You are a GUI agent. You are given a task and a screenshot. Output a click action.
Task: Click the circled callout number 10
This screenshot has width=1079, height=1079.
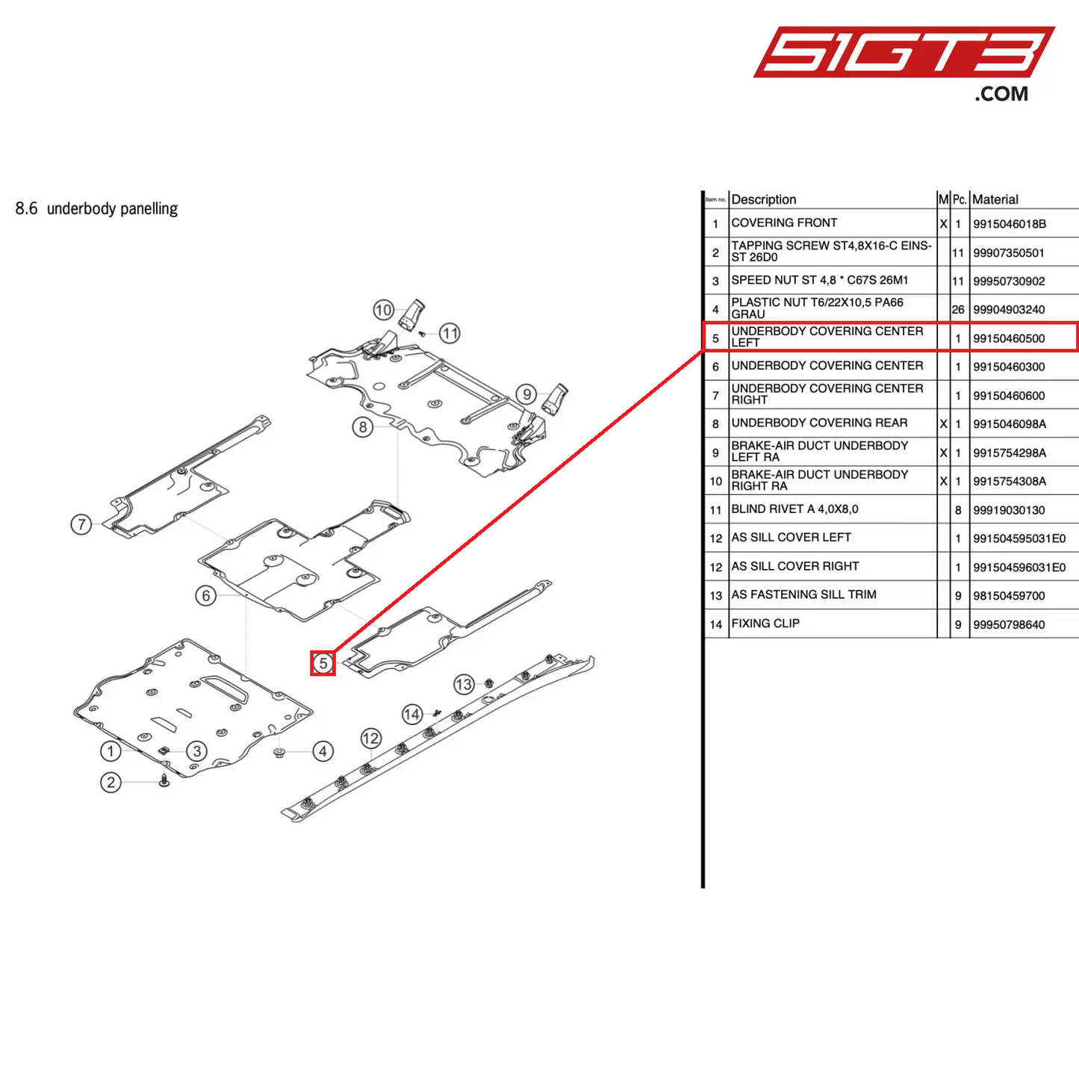(383, 310)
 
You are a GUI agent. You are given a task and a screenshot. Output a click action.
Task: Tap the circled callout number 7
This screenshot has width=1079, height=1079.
(81, 524)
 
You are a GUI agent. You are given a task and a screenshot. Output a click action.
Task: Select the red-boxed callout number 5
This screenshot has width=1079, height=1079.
(323, 663)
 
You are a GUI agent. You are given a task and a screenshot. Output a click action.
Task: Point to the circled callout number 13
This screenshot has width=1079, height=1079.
(464, 684)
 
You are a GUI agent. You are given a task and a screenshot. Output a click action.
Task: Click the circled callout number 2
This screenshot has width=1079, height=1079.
(111, 782)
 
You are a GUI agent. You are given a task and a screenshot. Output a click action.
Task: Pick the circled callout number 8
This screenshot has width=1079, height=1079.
(363, 427)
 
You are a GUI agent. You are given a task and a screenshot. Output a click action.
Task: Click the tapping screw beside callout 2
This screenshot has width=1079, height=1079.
(164, 780)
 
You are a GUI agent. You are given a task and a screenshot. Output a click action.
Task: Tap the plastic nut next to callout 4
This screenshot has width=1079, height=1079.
(279, 752)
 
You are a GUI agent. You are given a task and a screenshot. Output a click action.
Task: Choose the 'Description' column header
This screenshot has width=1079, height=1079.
(764, 199)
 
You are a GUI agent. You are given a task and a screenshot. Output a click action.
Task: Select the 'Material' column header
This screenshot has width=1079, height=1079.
(995, 199)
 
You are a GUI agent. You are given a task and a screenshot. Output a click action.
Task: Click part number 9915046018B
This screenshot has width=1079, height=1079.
(1010, 224)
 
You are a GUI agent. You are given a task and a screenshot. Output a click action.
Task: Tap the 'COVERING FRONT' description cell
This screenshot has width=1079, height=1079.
(784, 223)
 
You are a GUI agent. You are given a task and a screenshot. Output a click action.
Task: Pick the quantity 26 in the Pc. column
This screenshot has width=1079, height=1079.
(958, 309)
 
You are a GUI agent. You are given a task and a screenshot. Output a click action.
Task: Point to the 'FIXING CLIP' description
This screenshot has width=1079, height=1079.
(765, 624)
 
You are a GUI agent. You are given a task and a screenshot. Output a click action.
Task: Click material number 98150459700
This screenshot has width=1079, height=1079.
(1009, 596)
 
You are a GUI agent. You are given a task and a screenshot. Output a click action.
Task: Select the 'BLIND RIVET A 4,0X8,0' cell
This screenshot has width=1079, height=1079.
(795, 509)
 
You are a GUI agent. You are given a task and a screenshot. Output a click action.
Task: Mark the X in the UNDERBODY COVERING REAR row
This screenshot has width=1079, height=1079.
(943, 424)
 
